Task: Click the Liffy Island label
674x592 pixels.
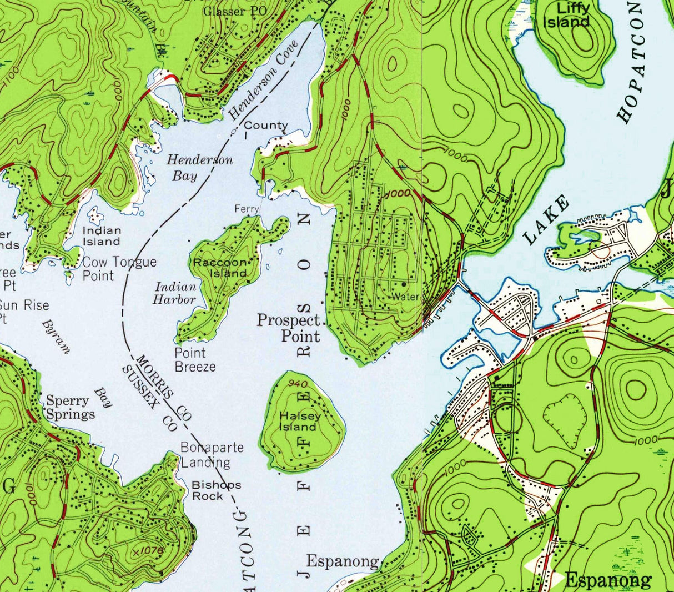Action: [x=566, y=15]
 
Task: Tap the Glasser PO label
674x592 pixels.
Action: [x=234, y=11]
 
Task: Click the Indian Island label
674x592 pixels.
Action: [x=102, y=235]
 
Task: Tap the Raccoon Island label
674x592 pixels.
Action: [x=219, y=268]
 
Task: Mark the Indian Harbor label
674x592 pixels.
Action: [x=175, y=293]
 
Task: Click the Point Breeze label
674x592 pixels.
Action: [x=194, y=359]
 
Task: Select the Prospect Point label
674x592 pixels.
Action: [x=289, y=328]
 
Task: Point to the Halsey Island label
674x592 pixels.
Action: [x=300, y=422]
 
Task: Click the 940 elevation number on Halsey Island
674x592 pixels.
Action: [x=298, y=384]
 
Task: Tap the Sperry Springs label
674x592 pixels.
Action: [x=70, y=408]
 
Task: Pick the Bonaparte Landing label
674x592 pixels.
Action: [x=212, y=454]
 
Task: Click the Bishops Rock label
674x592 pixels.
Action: [x=216, y=490]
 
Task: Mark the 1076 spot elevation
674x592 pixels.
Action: [x=146, y=551]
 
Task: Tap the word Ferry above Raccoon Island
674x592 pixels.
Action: [x=247, y=209]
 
